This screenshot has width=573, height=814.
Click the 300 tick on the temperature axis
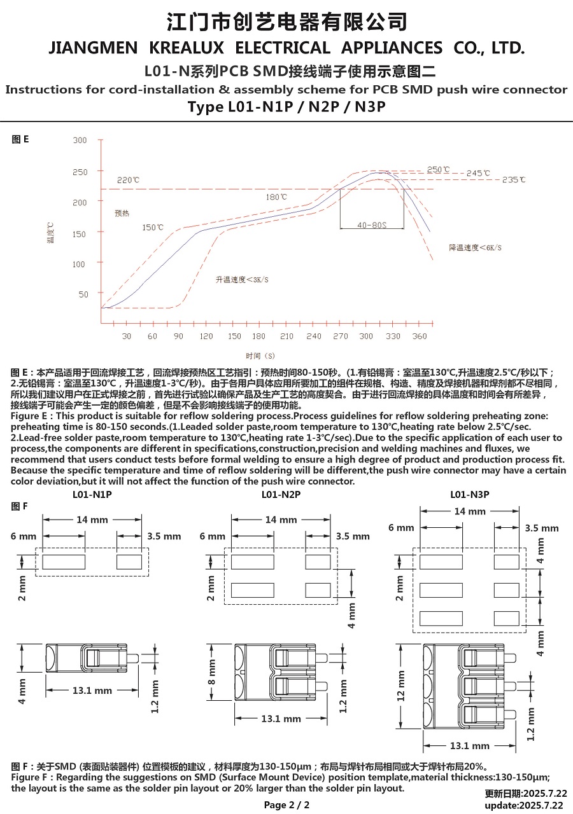click(80, 141)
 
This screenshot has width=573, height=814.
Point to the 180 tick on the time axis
click(258, 336)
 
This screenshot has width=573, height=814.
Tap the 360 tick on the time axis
click(420, 336)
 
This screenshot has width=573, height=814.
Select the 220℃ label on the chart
click(128, 181)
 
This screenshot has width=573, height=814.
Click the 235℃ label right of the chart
click(514, 180)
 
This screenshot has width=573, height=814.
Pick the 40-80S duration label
click(372, 225)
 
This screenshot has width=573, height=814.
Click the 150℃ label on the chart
click(153, 227)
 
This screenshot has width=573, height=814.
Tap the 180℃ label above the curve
click(276, 197)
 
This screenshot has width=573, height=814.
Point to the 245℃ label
click(478, 173)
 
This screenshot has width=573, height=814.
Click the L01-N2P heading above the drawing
click(281, 494)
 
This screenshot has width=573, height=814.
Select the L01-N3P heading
click(469, 494)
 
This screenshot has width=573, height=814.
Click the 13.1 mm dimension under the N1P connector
click(92, 691)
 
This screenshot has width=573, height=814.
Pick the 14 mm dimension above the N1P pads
click(92, 520)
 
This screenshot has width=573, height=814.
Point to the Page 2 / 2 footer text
click(286, 805)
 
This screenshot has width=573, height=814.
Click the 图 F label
click(20, 506)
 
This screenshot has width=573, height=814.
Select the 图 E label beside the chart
click(20, 139)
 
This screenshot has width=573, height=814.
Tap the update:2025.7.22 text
click(524, 805)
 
